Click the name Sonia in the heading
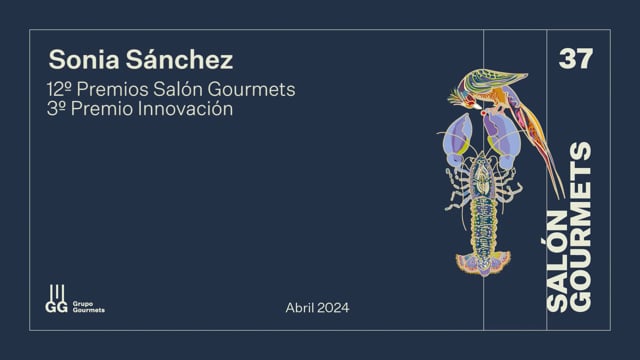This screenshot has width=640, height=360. [84, 60]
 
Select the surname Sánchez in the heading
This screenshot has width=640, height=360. [179, 59]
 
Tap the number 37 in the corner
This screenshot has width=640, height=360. [576, 59]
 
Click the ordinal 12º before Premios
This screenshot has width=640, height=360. [60, 89]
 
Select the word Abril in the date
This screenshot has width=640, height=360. [300, 307]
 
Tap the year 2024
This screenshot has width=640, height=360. [333, 307]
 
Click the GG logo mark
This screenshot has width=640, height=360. [56, 299]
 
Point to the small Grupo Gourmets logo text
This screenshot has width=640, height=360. [89, 307]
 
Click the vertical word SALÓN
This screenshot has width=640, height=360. [557, 261]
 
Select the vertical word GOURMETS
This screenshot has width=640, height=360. [580, 227]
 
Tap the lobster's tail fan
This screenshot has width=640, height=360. [483, 263]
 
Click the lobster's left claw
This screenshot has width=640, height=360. [458, 139]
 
